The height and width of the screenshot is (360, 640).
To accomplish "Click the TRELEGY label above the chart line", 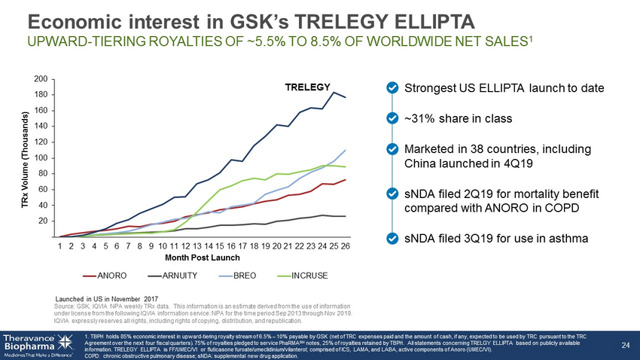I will pyautogui.click(x=308, y=87).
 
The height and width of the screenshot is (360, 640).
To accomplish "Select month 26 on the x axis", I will pyautogui.click(x=345, y=246).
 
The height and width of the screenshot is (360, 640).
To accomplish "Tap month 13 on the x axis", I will pyautogui.click(x=197, y=246).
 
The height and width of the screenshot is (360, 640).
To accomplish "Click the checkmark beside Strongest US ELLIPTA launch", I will pyautogui.click(x=392, y=88).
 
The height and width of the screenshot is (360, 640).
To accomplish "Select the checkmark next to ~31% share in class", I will pyautogui.click(x=392, y=118).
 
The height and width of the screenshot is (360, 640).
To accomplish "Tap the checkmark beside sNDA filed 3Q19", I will pyautogui.click(x=392, y=238).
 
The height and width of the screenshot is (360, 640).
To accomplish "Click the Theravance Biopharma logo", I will pyautogui.click(x=38, y=343).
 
